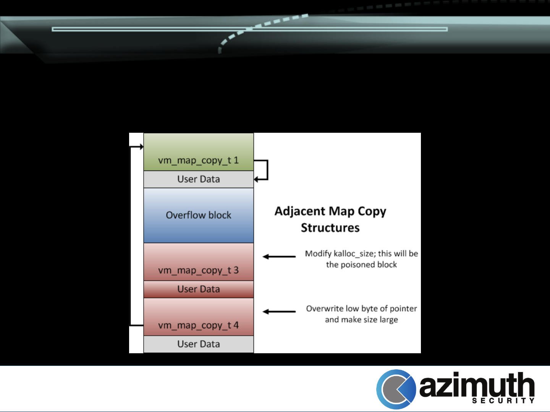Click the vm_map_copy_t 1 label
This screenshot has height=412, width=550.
(198, 161)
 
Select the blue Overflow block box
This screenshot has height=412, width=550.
(199, 215)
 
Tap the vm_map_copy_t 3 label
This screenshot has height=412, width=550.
(198, 270)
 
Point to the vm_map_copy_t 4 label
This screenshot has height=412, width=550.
(198, 325)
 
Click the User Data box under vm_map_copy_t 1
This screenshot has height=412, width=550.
(199, 179)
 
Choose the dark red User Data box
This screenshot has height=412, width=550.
(199, 289)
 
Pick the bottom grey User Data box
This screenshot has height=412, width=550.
(199, 344)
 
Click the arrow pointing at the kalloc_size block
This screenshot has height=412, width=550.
(279, 257)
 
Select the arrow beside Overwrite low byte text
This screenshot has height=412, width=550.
(279, 312)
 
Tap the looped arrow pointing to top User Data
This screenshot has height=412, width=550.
(264, 170)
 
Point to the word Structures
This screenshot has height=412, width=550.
(330, 228)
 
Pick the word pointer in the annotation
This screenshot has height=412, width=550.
(403, 309)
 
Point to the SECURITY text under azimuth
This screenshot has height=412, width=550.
(503, 401)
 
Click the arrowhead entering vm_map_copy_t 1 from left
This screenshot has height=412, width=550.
(141, 147)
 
